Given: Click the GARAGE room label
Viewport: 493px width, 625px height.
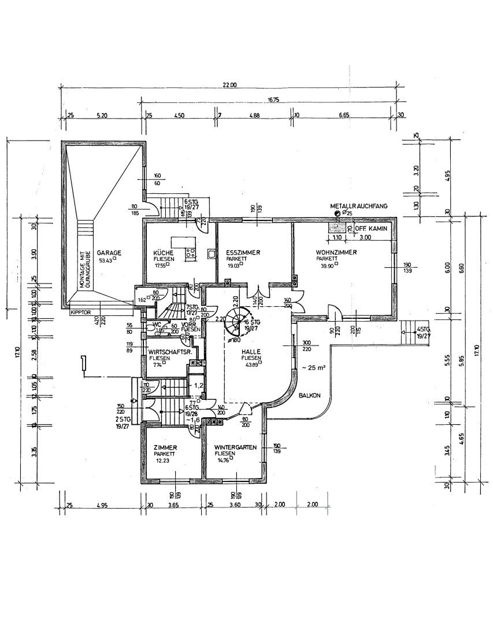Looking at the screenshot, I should (x=109, y=253).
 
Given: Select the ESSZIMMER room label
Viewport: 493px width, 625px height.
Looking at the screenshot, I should (x=243, y=253).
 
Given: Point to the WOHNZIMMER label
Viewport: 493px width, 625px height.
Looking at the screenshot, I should (x=336, y=253).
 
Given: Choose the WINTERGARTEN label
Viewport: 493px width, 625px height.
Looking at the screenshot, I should (x=235, y=448).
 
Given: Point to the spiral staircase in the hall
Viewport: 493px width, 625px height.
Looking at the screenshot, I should (x=237, y=320).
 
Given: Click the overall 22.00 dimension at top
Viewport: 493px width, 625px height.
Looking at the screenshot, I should (x=229, y=85).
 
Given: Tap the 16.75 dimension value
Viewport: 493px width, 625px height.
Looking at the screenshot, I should (x=273, y=100).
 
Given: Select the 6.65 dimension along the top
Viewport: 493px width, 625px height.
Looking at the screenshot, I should (x=344, y=115).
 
